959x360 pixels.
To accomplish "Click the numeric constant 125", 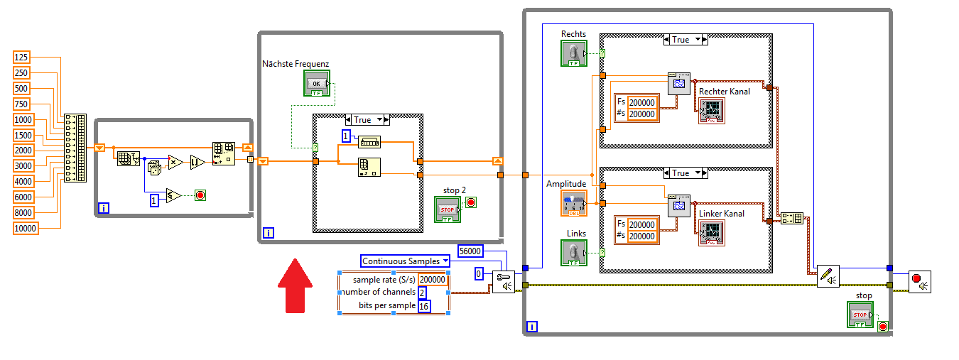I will [x=21, y=58].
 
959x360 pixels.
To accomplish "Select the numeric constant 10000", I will [x=26, y=228].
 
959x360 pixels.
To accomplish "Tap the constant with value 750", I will [x=21, y=104].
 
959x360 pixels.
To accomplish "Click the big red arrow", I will [x=295, y=285].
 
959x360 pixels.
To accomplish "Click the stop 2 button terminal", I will [x=448, y=209].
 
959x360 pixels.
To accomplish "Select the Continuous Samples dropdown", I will [x=405, y=261].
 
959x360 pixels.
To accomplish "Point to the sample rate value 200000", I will [x=433, y=280].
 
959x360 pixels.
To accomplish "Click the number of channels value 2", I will [x=422, y=293].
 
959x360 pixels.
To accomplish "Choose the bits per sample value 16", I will [x=424, y=306].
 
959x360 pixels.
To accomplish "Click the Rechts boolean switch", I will [x=573, y=54].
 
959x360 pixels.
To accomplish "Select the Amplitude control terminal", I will [x=573, y=203].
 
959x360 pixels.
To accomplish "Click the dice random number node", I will [x=154, y=166].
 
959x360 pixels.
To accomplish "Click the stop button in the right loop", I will [x=860, y=315].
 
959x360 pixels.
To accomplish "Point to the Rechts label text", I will [x=573, y=34].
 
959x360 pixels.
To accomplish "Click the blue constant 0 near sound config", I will [x=479, y=274].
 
